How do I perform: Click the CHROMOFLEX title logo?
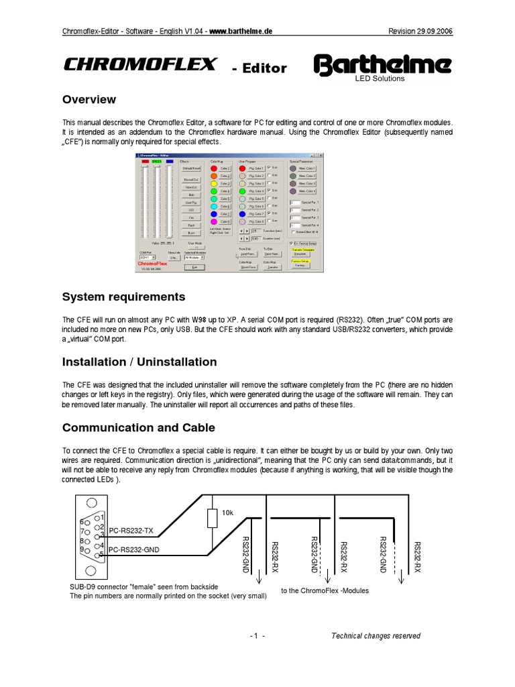[x=139, y=64]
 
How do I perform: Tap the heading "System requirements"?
[x=123, y=297]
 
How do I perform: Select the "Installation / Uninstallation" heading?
[x=139, y=362]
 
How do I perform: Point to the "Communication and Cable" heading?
[x=138, y=427]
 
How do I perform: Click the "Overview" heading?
[x=89, y=100]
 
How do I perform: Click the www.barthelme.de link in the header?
[x=241, y=31]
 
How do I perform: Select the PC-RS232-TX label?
[x=131, y=530]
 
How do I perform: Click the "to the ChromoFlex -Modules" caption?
[x=325, y=590]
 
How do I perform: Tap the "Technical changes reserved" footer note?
[x=376, y=636]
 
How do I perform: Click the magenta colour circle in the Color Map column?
[x=214, y=221]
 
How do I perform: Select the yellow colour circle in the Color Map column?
[x=214, y=183]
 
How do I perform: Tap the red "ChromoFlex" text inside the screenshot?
[x=155, y=264]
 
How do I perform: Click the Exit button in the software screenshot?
[x=194, y=266]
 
